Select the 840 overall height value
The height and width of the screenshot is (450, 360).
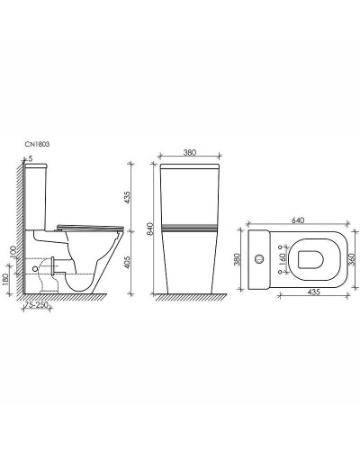pyautogui.click(x=134, y=229)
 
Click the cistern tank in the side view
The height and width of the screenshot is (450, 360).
pyautogui.click(x=41, y=198)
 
